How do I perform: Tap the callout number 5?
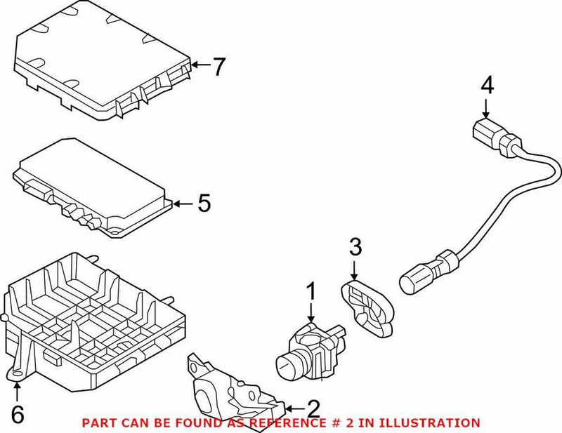(x=204, y=204)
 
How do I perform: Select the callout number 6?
(x=18, y=415)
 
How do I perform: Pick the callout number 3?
(x=355, y=247)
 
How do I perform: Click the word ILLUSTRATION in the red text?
(x=426, y=422)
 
